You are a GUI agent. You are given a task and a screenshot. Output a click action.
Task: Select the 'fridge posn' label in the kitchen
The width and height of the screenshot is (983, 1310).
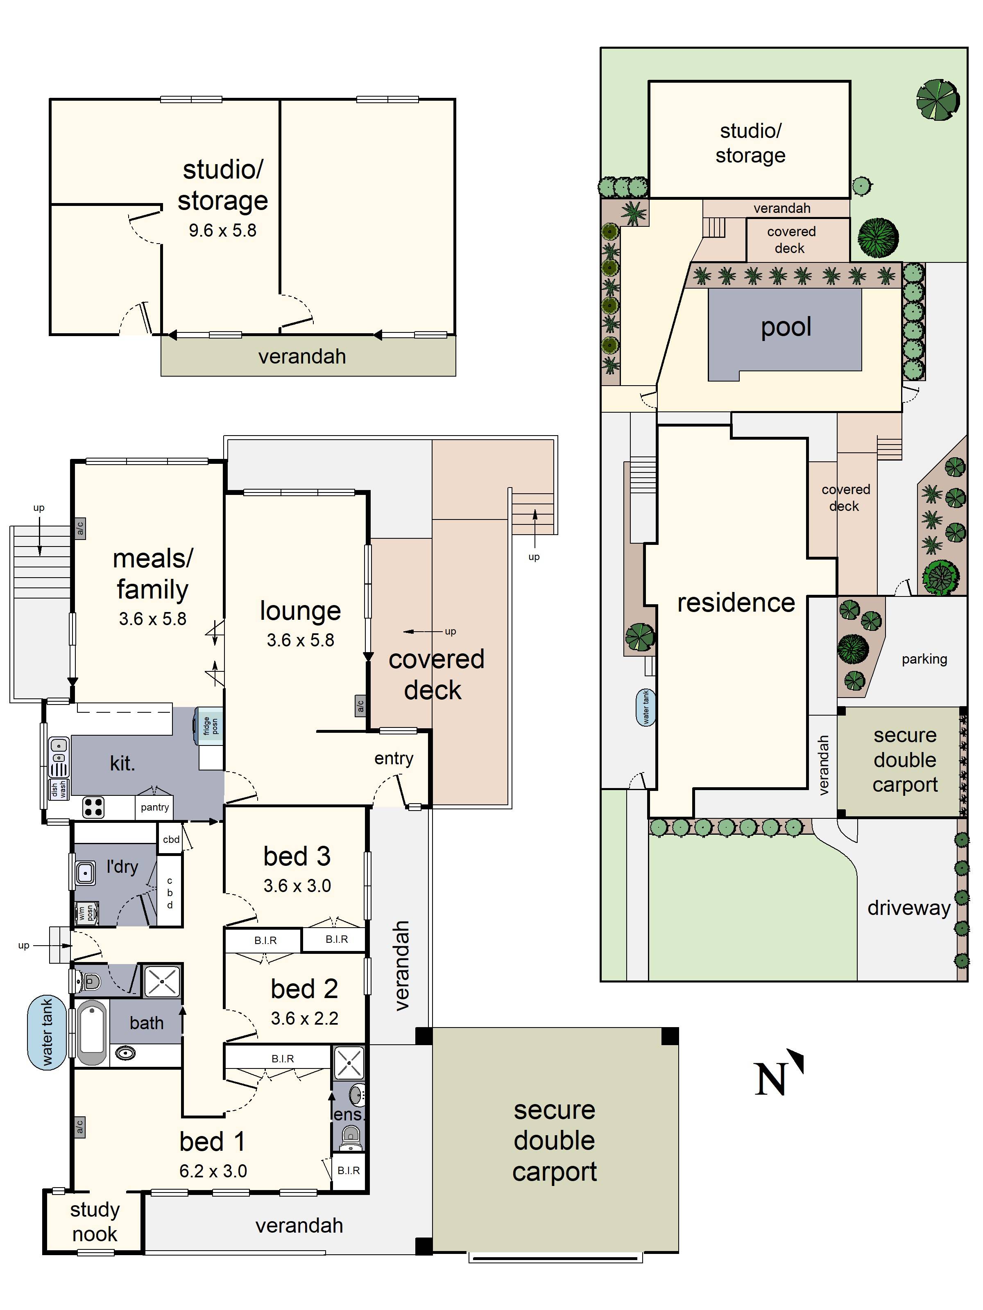[x=211, y=725]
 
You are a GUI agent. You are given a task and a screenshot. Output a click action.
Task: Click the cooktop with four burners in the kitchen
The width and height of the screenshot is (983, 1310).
[x=93, y=806]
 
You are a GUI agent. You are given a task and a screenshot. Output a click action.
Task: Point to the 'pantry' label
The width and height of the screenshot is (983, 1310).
[x=155, y=807]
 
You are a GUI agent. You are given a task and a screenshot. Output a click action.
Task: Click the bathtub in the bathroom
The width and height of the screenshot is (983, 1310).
[x=91, y=1033]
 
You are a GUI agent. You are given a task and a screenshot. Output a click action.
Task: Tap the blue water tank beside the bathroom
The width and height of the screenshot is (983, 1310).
[x=47, y=1033]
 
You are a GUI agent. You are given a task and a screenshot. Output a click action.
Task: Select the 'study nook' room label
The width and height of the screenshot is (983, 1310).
[x=95, y=1222]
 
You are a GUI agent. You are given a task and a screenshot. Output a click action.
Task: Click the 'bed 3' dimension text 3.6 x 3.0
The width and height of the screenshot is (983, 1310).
[x=297, y=886]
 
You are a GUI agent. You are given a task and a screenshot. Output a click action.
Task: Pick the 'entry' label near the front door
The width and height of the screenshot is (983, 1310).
[x=394, y=759]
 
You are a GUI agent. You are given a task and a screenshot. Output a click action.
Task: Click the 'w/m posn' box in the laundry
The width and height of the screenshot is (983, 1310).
[x=86, y=912]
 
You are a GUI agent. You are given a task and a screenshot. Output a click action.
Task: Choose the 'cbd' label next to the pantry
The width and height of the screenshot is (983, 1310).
[x=171, y=839]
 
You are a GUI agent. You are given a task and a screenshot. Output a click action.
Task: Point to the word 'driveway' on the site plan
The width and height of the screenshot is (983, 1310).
[x=908, y=908]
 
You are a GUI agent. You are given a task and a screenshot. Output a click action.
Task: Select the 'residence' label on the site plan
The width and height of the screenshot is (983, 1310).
[x=736, y=603]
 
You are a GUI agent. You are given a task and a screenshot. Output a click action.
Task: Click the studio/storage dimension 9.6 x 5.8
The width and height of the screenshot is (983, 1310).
[x=222, y=230]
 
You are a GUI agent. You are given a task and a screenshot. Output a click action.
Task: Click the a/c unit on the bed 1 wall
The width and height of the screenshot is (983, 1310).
[x=79, y=1127]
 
